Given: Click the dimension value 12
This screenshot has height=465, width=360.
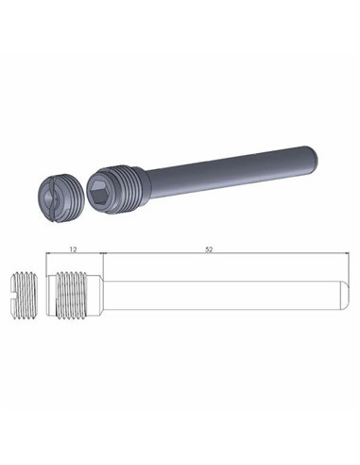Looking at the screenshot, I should [74, 249].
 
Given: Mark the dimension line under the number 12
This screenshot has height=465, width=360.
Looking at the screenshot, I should [74, 255].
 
